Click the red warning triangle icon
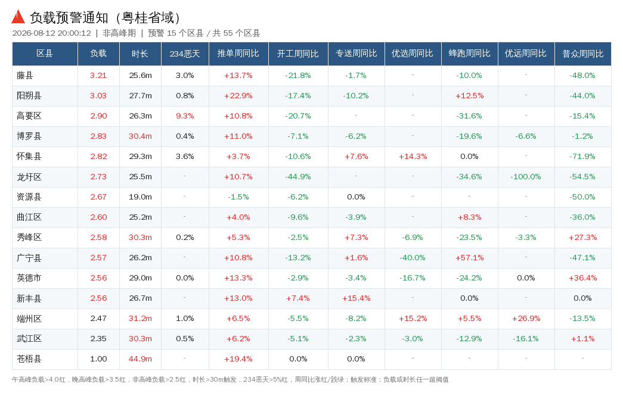coord(18,17)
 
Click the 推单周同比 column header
coord(238,54)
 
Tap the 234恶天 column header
coord(185,54)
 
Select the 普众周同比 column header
coord(583,54)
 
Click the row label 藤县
coord(25,76)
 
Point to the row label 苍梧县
coord(29,359)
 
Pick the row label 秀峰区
coord(29,238)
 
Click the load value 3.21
coord(98,76)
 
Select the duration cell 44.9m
coord(140,359)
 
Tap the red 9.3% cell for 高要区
coord(185,116)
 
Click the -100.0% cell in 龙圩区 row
coord(526,177)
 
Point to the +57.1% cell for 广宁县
coord(469,258)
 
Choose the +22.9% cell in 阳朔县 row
coord(238,96)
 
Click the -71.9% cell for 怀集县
coord(582,157)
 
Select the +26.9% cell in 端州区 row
coord(526,319)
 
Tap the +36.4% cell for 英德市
coord(582,278)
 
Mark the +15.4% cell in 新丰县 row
coord(356,298)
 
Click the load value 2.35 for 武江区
coord(98,339)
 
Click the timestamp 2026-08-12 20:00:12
coord(52,33)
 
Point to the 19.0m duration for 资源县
coord(140,197)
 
